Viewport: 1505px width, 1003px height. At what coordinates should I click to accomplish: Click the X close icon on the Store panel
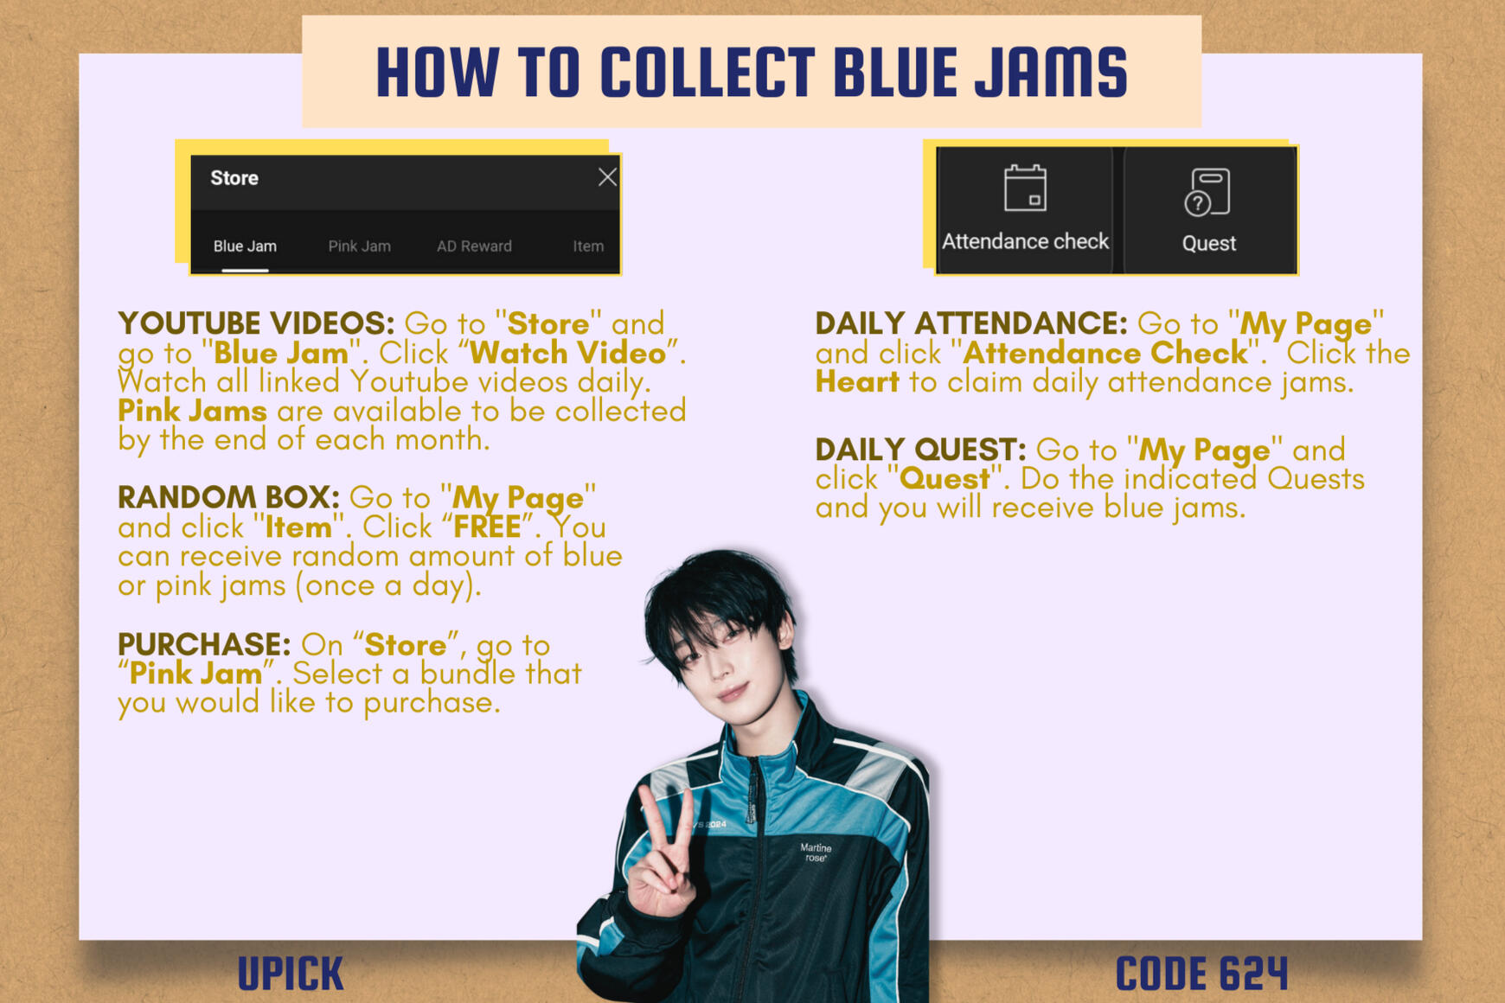coord(607,177)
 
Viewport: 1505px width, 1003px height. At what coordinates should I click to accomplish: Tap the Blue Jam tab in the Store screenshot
coord(245,246)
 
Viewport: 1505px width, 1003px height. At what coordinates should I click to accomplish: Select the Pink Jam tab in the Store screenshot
coord(359,246)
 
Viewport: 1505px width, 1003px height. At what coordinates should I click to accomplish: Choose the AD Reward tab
coord(474,246)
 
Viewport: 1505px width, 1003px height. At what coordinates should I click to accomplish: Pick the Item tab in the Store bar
coord(588,246)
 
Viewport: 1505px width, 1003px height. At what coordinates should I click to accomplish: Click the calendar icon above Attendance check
coord(1025,188)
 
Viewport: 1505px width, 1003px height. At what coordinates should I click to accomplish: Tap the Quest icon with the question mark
coord(1207,192)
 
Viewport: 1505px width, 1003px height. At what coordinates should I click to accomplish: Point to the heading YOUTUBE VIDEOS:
coord(256,323)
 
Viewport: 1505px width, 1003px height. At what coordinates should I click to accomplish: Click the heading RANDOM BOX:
coord(228,497)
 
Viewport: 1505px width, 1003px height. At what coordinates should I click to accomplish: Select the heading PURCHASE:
coord(204,644)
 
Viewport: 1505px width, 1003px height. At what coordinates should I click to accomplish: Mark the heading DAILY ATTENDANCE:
coord(971,323)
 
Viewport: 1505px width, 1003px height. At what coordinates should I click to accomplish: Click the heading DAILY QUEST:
coord(920,450)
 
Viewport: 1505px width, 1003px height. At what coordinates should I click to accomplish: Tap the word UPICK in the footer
coord(291,974)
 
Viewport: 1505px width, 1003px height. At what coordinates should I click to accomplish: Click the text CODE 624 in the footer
coord(1201,974)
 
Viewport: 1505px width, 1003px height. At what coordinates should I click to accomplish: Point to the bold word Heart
coord(857,381)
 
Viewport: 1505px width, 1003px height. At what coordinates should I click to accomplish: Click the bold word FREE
coord(487,527)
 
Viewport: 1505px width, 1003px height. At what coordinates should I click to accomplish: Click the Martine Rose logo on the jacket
coord(816,853)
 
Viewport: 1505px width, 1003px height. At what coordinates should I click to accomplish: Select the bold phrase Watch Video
coord(568,353)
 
